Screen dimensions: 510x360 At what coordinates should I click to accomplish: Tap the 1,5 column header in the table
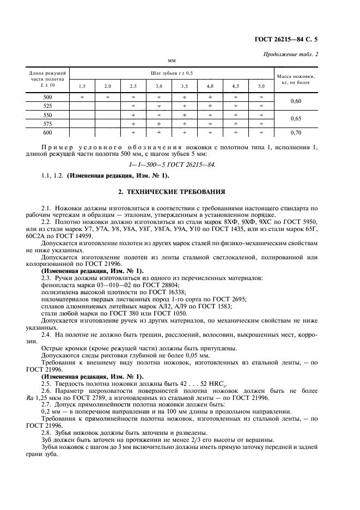click(82, 86)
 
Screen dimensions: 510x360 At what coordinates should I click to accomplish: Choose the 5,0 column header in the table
click(261, 86)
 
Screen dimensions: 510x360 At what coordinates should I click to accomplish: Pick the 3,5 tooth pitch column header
click(185, 86)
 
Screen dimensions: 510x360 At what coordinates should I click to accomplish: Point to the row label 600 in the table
click(47, 132)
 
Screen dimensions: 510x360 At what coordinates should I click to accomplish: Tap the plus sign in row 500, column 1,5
click(82, 96)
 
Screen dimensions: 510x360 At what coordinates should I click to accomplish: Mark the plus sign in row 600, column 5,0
click(261, 132)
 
